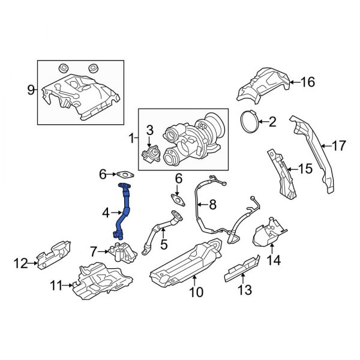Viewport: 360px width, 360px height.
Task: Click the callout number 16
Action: pyautogui.click(x=307, y=82)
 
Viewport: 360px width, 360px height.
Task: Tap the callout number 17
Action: pyautogui.click(x=339, y=145)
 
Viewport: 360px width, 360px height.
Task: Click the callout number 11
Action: pyautogui.click(x=56, y=286)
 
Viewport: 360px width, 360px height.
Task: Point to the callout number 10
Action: pyautogui.click(x=196, y=292)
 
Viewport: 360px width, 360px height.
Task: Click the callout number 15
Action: pyautogui.click(x=305, y=170)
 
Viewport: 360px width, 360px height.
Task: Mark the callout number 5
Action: pyautogui.click(x=163, y=246)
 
